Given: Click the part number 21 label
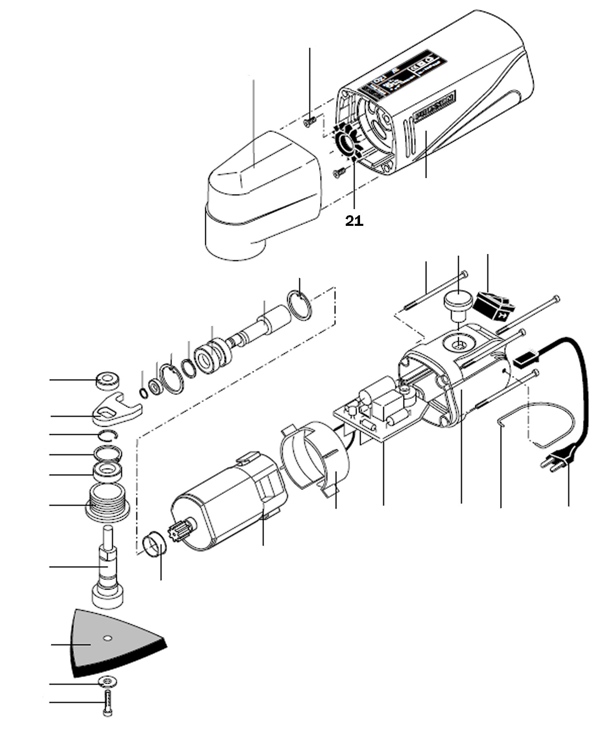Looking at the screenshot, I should coord(354,221).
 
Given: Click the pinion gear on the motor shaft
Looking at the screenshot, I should coord(179,531).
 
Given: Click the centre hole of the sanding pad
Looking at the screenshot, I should coord(107,638).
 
